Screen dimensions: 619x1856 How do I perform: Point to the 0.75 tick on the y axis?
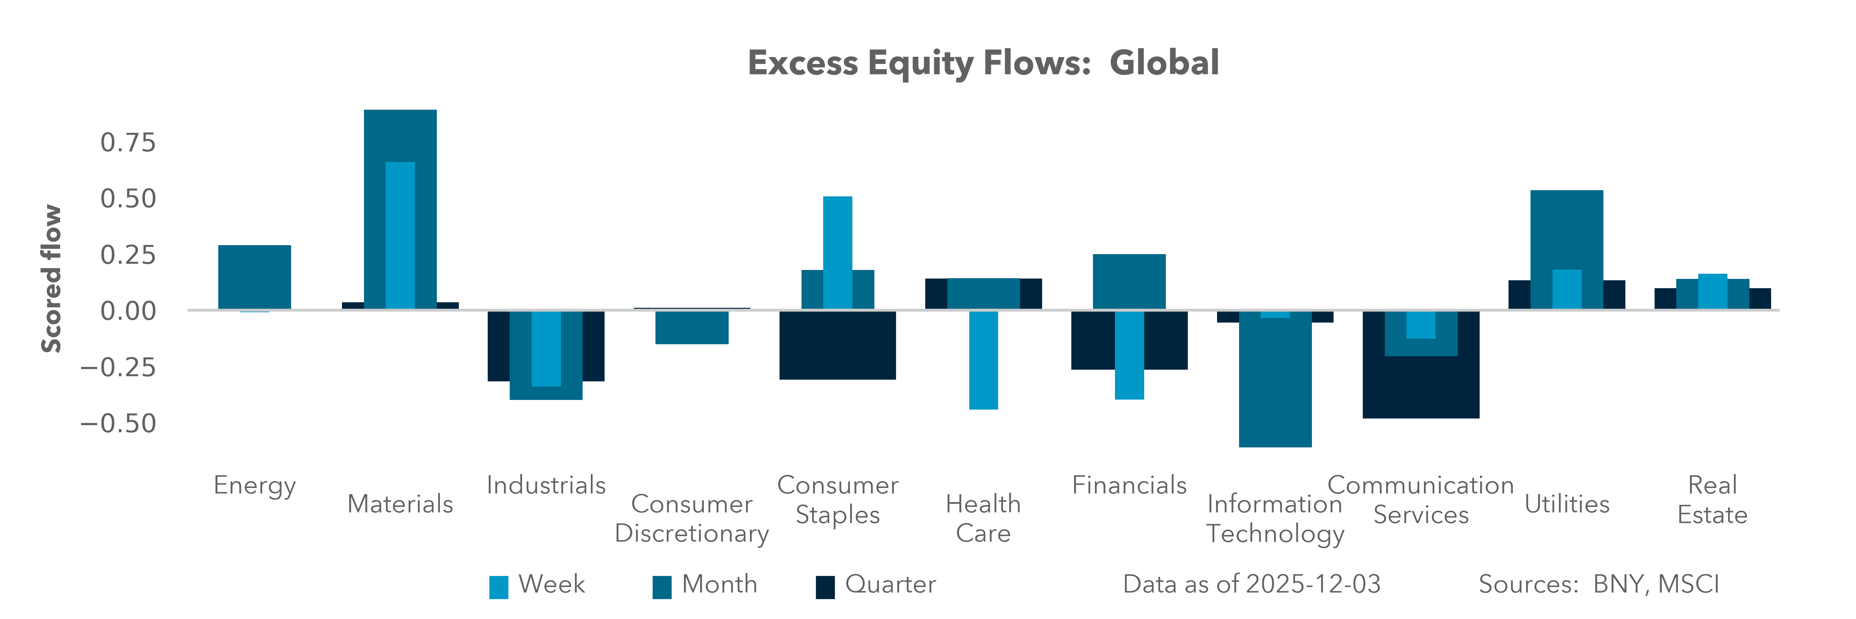128,143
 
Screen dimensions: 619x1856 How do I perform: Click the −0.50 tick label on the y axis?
118,424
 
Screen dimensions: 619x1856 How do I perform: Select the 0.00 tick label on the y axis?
128,311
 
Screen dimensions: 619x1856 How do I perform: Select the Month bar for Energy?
254,278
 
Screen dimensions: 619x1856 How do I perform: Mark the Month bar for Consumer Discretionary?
692,328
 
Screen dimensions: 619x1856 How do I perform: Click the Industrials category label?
546,485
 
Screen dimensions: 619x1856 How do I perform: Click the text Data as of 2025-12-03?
1251,584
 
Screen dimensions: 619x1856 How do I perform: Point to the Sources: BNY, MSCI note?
1599,584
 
